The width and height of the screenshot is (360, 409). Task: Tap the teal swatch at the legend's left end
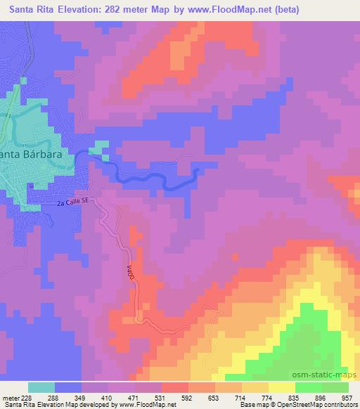[x=41, y=387]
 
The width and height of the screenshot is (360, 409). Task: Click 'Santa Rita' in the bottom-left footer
[x=15, y=405]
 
